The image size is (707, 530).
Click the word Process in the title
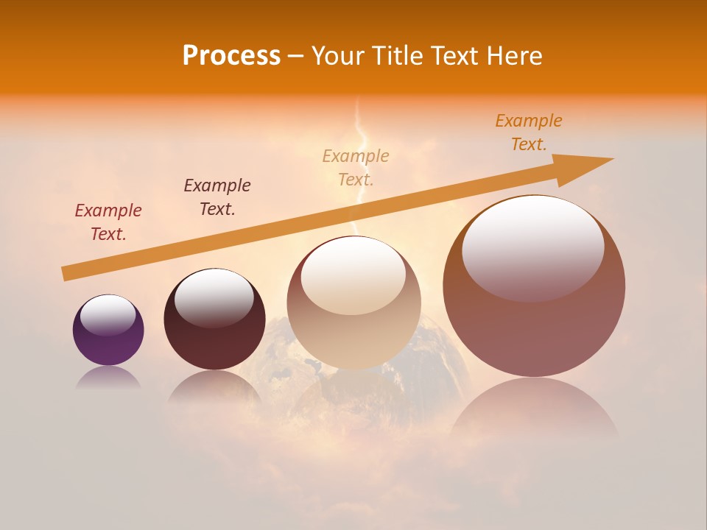click(x=231, y=56)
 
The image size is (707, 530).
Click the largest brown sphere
click(x=534, y=331)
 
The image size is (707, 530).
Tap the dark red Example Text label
click(x=108, y=222)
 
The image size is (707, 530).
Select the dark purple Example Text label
click(x=217, y=197)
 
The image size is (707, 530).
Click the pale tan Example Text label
click(x=356, y=167)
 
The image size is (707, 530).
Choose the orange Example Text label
click(x=529, y=132)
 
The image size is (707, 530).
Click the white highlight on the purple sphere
click(x=108, y=314)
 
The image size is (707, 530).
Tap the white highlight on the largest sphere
click(x=533, y=247)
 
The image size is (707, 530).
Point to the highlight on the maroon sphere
click(x=214, y=297)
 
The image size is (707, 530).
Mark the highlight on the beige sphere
click(x=353, y=275)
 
